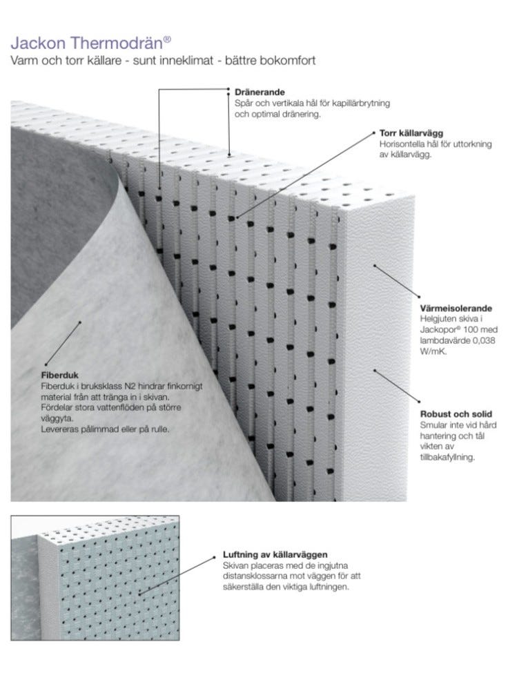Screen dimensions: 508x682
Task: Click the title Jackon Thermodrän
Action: pyautogui.click(x=87, y=43)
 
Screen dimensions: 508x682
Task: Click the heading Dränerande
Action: pyautogui.click(x=260, y=92)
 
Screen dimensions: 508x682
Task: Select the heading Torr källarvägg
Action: pyautogui.click(x=411, y=133)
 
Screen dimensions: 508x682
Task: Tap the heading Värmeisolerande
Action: pyautogui.click(x=456, y=309)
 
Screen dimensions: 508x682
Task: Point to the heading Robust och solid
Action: pyautogui.click(x=456, y=414)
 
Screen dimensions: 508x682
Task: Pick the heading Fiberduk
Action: pyautogui.click(x=60, y=375)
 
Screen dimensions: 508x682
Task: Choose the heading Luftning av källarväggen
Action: pyautogui.click(x=275, y=554)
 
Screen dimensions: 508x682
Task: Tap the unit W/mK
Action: pyautogui.click(x=433, y=351)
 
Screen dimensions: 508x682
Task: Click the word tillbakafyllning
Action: pyautogui.click(x=447, y=457)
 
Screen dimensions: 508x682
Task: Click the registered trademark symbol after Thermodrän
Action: pyautogui.click(x=168, y=39)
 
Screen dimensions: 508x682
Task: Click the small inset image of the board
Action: pyautogui.click(x=95, y=578)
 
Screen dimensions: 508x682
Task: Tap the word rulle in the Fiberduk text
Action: pyautogui.click(x=160, y=429)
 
